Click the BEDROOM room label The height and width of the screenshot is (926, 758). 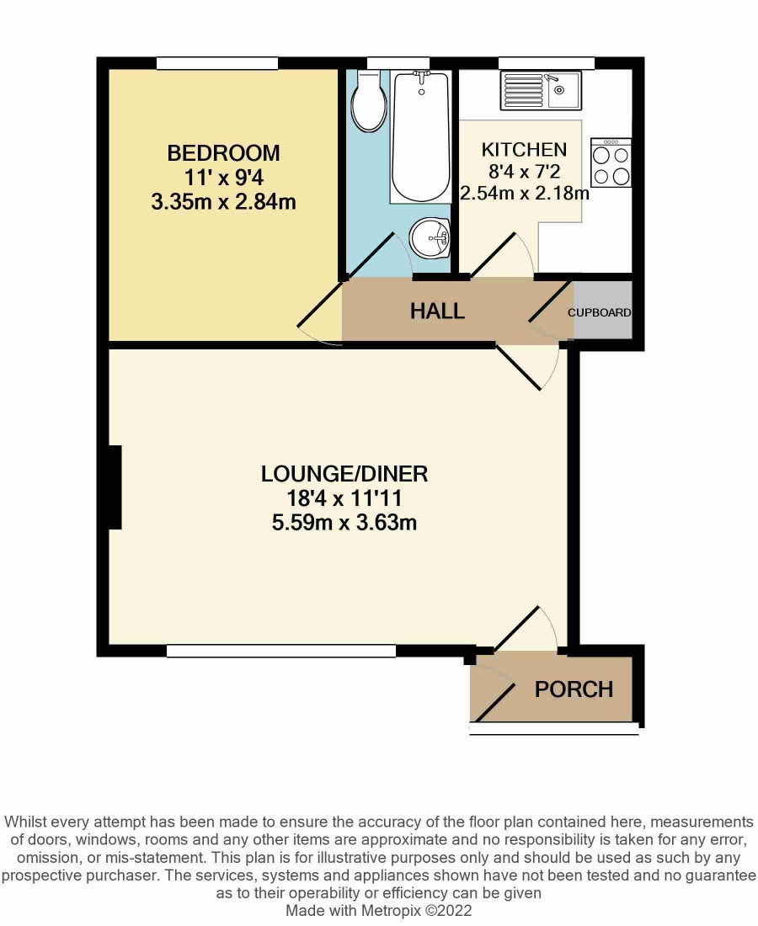(x=223, y=153)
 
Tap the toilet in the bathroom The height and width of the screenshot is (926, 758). (x=369, y=101)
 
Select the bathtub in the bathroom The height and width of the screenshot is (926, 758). (x=420, y=137)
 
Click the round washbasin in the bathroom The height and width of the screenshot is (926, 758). (x=430, y=237)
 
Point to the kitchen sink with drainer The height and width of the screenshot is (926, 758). (x=541, y=90)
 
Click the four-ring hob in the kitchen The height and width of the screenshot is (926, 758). (x=611, y=163)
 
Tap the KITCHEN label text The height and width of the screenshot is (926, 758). (x=524, y=150)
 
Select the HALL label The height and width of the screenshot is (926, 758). (x=437, y=311)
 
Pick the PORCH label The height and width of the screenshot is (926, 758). (x=574, y=689)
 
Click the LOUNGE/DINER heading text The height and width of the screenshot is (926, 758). (x=344, y=474)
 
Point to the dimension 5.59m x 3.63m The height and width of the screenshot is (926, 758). (x=344, y=523)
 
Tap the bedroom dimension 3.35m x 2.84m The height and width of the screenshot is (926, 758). (x=223, y=202)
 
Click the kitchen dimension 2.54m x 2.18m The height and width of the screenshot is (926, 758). (x=524, y=193)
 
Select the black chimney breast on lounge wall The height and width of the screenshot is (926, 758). (x=115, y=487)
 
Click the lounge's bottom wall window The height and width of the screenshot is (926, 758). (x=281, y=651)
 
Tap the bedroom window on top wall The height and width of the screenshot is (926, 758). (x=216, y=63)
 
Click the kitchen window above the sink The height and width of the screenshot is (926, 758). (x=547, y=63)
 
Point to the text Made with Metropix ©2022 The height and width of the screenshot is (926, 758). (x=379, y=911)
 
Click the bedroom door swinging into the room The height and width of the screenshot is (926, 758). (x=319, y=313)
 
